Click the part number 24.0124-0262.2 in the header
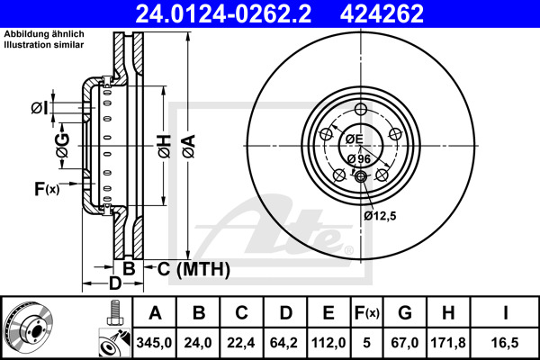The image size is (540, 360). (223, 13)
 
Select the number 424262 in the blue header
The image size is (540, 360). (382, 13)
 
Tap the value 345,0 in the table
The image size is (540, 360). (154, 342)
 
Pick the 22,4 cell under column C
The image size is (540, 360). (240, 342)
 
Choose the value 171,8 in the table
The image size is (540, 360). (448, 342)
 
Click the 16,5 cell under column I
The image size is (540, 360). (505, 342)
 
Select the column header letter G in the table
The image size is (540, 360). (405, 313)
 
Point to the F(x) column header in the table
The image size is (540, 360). (367, 313)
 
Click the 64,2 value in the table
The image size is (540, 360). (283, 342)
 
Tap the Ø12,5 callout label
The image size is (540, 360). (380, 216)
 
